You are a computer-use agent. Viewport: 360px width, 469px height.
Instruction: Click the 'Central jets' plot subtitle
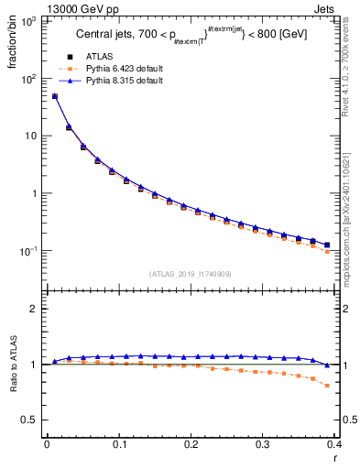[x=191, y=37]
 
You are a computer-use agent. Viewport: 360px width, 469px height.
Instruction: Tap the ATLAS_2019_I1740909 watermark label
[x=190, y=274]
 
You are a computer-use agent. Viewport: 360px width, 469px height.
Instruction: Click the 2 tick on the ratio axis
[x=34, y=309]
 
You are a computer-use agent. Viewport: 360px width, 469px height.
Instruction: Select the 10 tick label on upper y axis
[x=30, y=136]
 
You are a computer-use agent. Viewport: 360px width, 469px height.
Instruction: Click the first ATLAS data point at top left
[x=54, y=96]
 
